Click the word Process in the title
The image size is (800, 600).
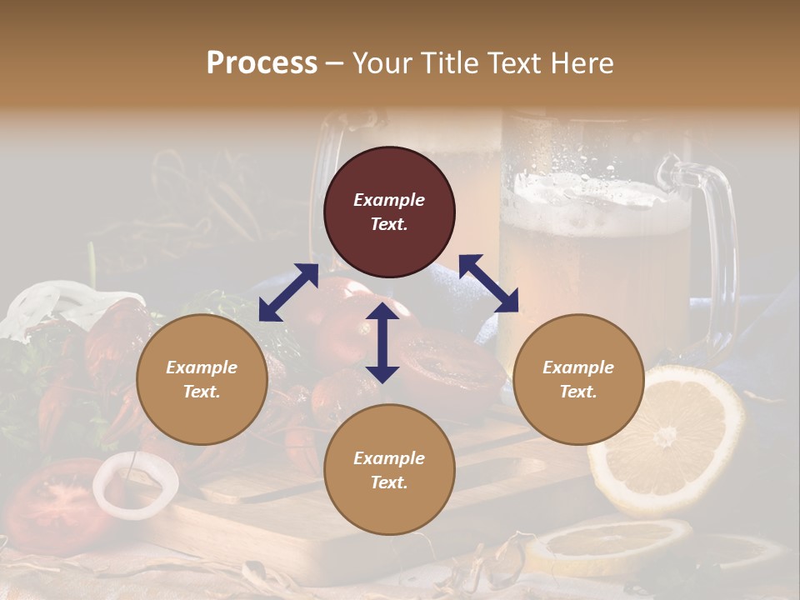pyautogui.click(x=262, y=63)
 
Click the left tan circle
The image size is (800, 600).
pyautogui.click(x=202, y=379)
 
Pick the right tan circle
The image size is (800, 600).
pyautogui.click(x=578, y=379)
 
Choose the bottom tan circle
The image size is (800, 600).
pyautogui.click(x=389, y=469)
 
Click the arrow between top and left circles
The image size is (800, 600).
pyautogui.click(x=288, y=292)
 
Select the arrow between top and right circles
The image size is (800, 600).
pyautogui.click(x=489, y=283)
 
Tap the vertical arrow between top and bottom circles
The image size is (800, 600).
pyautogui.click(x=382, y=342)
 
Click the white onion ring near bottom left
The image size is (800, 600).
pyautogui.click(x=135, y=484)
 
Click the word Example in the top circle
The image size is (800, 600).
pyautogui.click(x=389, y=200)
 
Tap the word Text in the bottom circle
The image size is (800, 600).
pyautogui.click(x=389, y=482)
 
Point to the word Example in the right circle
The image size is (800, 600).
pyautogui.click(x=578, y=367)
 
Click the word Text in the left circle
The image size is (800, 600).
pyautogui.click(x=202, y=392)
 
